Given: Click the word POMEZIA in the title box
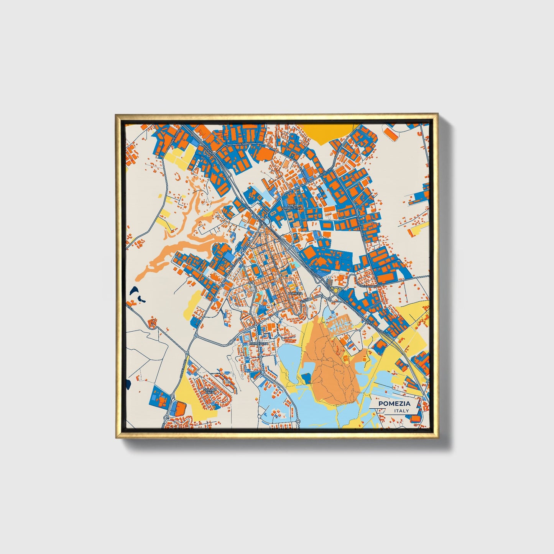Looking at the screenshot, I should [394, 403].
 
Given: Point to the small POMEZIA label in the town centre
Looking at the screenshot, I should [295, 293].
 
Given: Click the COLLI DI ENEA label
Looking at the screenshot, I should [210, 391].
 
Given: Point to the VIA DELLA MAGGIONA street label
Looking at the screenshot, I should [368, 285].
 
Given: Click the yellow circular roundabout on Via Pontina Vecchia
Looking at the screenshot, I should [336, 290].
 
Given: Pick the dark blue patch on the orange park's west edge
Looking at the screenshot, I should [306, 378].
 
